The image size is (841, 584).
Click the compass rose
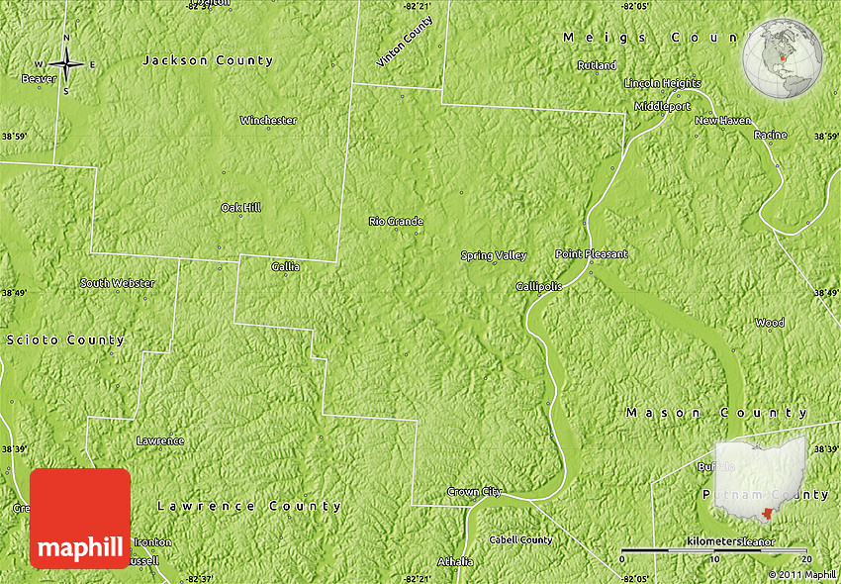pos(66,65)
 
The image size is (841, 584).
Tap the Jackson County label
pos(208,60)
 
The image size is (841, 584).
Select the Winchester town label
pos(268,121)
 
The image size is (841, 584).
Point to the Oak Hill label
pos(240,208)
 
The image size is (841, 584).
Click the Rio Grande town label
pos(396,222)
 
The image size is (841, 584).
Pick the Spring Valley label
pos(494,256)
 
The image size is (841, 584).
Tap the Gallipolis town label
pos(539,286)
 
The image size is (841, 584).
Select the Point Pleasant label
pos(591,254)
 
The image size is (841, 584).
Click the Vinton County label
pos(405,42)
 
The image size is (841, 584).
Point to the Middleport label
pos(663,106)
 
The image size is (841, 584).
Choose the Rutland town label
pos(598,66)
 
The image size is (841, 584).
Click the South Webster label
pos(118,283)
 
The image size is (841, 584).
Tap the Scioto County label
pos(66,341)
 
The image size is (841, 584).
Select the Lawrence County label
pos(249,507)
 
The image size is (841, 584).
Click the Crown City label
pos(475,492)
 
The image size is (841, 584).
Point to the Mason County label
pos(716,413)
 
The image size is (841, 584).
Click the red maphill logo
pos(80,519)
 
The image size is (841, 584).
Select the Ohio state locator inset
pos(760,478)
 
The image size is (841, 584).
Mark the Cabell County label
pos(520,540)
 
